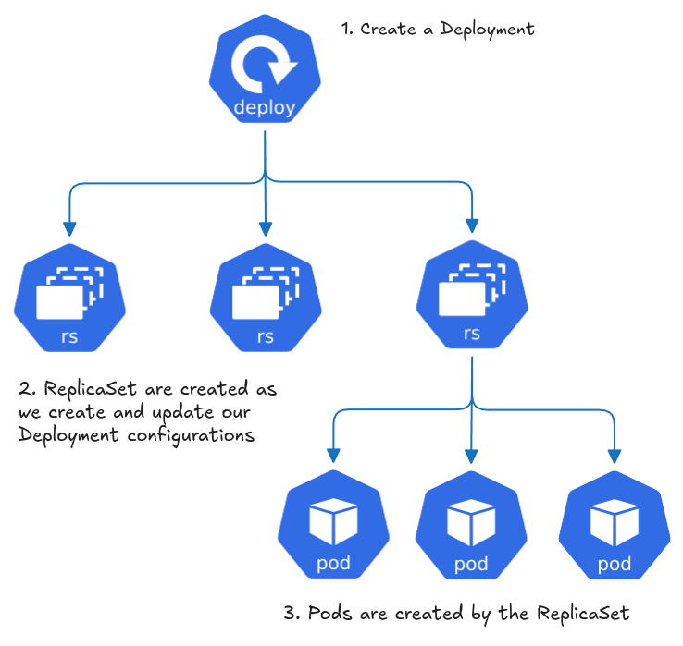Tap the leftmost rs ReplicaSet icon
coord(69,298)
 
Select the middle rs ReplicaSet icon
coord(266,298)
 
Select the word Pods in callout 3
coord(329,614)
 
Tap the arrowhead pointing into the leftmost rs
coord(69,228)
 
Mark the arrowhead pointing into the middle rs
coord(266,228)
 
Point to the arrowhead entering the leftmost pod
coord(333,456)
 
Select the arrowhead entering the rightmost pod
coord(615,456)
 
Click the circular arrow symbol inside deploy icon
coord(264,65)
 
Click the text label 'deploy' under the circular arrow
coord(265,107)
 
